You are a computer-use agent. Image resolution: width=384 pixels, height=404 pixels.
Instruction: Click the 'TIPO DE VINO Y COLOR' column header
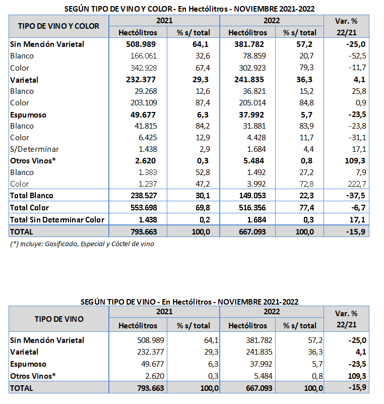[58, 26]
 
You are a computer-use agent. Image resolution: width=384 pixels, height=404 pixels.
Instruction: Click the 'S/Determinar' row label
[34, 149]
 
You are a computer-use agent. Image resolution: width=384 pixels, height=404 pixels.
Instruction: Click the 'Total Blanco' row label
[32, 195]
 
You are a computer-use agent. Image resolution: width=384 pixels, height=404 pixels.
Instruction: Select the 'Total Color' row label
[30, 207]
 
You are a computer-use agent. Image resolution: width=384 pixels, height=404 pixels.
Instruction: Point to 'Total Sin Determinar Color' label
[57, 219]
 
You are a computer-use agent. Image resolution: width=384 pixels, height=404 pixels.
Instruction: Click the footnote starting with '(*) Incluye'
[82, 244]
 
